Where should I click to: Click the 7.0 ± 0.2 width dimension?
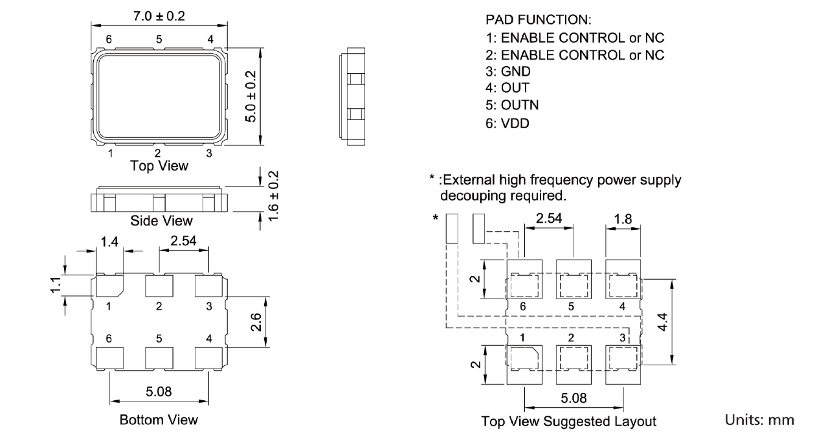click(159, 16)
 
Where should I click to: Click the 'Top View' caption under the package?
click(159, 166)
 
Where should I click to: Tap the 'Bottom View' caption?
click(159, 420)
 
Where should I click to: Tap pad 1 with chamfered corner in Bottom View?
click(109, 286)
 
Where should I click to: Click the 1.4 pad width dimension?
click(108, 243)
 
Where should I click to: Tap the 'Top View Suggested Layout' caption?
click(568, 422)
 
